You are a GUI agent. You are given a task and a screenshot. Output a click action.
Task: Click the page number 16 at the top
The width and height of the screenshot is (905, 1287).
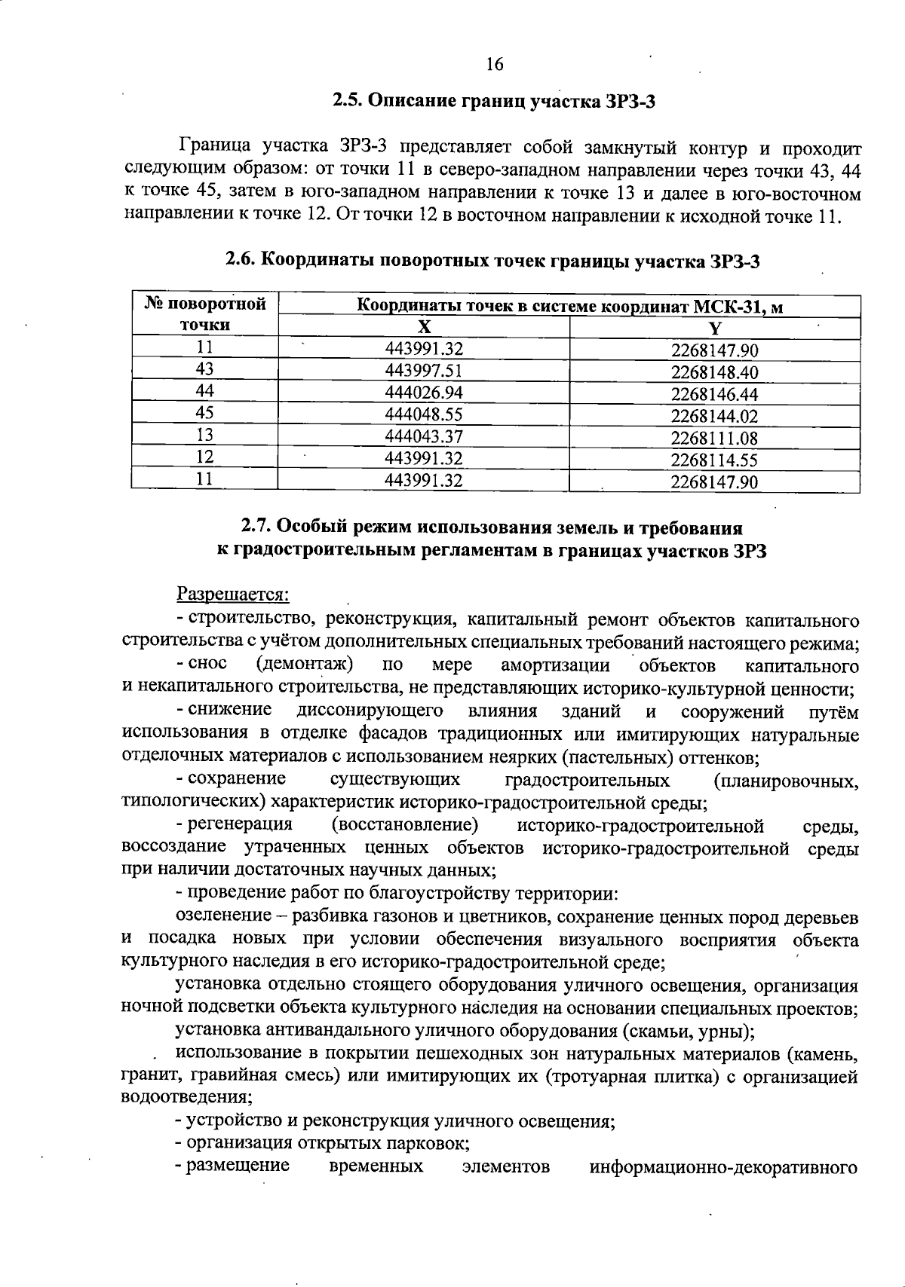[x=495, y=65]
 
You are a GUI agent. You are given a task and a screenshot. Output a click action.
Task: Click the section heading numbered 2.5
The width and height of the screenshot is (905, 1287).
[x=493, y=101]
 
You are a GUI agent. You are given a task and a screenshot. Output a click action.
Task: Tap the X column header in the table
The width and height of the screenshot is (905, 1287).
[x=424, y=327]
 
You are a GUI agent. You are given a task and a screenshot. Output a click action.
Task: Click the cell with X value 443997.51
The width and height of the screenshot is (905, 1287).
[x=424, y=371]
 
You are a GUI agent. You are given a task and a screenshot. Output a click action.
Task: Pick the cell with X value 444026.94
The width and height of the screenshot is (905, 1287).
[x=424, y=393]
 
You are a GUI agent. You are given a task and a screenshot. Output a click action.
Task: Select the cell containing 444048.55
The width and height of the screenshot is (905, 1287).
[x=424, y=414]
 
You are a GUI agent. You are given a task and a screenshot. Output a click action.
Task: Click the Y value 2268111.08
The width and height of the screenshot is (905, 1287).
[x=714, y=439]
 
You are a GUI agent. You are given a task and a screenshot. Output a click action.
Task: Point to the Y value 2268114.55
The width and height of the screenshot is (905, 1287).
[x=714, y=460]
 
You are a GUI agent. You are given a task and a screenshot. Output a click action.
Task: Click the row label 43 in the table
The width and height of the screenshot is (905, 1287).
[x=204, y=369]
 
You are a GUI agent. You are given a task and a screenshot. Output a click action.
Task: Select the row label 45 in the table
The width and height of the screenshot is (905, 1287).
[x=204, y=413]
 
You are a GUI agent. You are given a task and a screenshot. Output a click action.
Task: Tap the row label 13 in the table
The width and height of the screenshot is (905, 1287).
[x=204, y=435]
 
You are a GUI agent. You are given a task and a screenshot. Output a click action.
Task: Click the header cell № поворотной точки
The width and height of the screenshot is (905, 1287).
[x=205, y=314]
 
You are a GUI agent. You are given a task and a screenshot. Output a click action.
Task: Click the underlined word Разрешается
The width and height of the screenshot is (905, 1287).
[x=233, y=595]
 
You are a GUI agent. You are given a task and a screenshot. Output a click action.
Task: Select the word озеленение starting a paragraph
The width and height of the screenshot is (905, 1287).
[x=223, y=916]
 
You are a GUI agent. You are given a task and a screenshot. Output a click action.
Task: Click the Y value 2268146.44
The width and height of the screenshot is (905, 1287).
[x=714, y=395]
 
